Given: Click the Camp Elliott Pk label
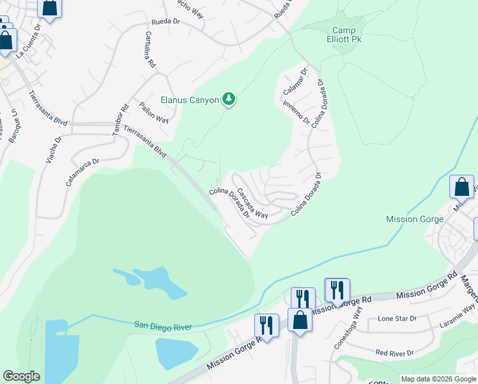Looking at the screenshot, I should click(348, 35).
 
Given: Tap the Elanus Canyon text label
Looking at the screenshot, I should click(190, 100).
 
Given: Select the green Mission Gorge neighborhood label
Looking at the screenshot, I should click(415, 219).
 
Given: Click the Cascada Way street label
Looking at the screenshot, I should click(252, 204).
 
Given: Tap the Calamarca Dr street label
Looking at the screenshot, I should click(83, 173).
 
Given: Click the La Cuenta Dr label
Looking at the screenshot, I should click(29, 42).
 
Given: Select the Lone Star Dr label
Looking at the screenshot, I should click(397, 318).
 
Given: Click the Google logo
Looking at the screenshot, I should click(21, 376).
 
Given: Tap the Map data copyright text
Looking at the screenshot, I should click(438, 379).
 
